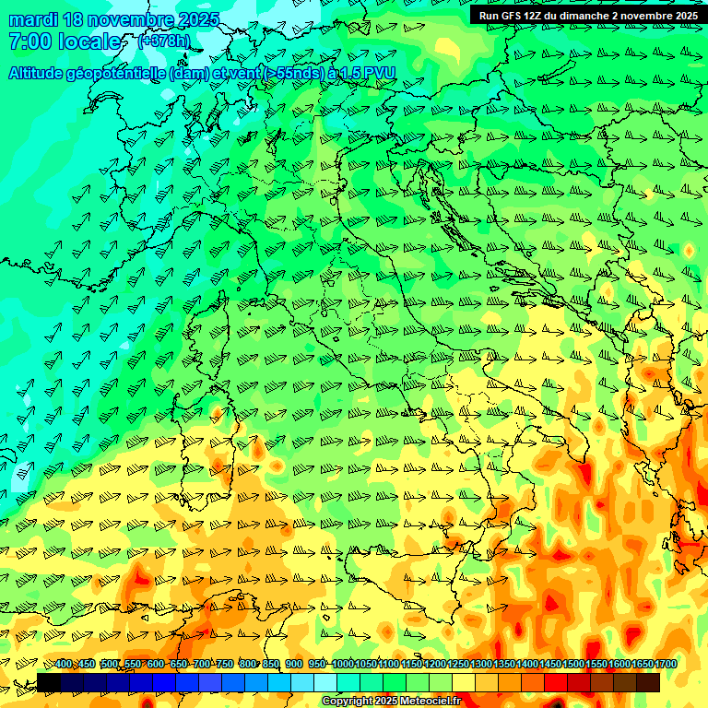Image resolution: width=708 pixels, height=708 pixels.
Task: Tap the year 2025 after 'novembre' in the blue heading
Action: (x=197, y=19)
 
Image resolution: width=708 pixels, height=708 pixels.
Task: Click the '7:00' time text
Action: (x=29, y=41)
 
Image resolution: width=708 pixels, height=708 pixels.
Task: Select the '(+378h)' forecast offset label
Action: (x=165, y=41)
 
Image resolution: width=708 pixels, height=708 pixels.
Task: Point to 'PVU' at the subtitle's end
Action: (x=381, y=73)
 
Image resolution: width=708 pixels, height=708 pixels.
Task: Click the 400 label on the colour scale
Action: (x=63, y=664)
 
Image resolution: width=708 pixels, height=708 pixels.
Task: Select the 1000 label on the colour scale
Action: (x=342, y=664)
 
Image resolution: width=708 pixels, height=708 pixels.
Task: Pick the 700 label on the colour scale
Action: (x=202, y=664)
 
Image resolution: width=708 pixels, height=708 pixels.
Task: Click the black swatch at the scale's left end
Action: (x=49, y=682)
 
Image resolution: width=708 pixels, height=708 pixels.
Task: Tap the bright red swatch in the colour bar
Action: (x=556, y=682)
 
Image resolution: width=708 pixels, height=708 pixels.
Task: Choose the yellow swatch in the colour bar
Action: (x=464, y=682)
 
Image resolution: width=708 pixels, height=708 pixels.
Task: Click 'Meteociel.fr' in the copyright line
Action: (x=431, y=701)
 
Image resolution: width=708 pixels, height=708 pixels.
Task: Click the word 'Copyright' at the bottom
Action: (x=348, y=701)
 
